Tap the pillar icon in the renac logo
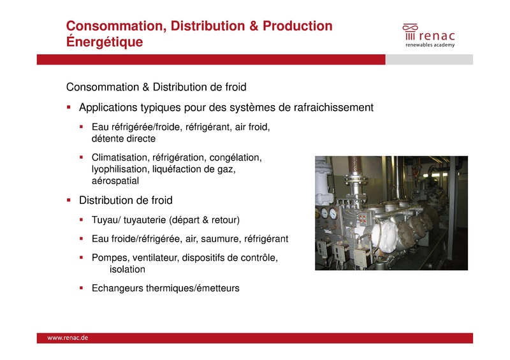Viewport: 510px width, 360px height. [x=409, y=36]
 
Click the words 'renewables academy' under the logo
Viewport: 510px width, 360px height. [x=430, y=46]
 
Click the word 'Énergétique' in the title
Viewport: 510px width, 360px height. [x=105, y=42]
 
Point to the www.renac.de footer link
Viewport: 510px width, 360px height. [x=68, y=338]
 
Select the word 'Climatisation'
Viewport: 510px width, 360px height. [x=120, y=157]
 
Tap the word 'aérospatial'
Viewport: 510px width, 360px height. [x=115, y=181]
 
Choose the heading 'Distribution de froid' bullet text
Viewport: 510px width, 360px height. [x=126, y=201]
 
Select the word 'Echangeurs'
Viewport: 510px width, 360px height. [x=117, y=288]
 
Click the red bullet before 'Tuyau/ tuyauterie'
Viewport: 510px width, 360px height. [x=82, y=220]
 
